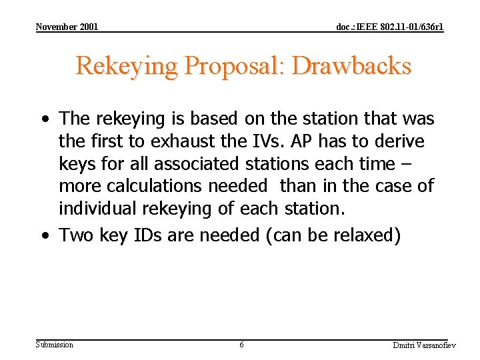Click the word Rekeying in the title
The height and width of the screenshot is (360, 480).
point(127,66)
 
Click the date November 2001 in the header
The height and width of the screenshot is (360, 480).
point(67,27)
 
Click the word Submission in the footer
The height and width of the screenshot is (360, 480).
point(55,344)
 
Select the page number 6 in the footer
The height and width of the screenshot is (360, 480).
point(241,345)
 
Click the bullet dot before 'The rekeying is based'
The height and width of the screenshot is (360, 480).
point(43,120)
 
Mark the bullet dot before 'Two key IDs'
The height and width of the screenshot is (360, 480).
point(43,236)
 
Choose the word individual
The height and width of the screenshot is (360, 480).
point(97,209)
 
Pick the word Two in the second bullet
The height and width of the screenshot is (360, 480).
point(76,235)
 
